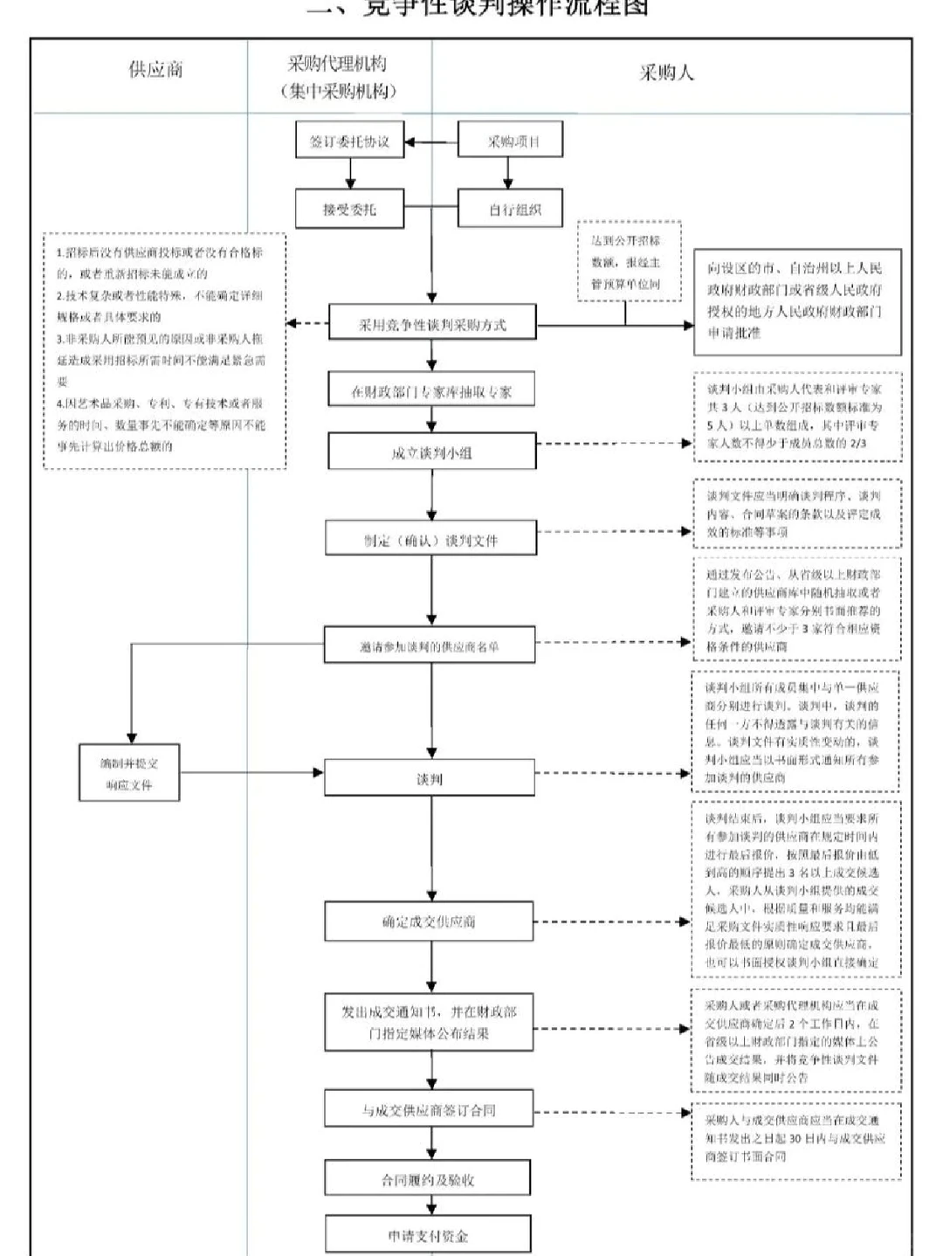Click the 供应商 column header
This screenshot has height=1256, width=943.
156,71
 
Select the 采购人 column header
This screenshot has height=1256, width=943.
666,73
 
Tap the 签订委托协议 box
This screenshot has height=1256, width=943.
349,141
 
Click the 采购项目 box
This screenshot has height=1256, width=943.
512,141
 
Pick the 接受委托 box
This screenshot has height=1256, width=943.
349,210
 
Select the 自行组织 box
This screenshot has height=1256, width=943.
511,210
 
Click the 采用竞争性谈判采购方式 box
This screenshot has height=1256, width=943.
432,324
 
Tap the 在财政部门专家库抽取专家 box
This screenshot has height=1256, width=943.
431,392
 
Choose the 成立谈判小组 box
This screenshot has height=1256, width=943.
431,452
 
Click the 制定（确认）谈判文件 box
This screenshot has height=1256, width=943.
431,540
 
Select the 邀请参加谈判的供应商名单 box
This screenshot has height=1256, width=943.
429,646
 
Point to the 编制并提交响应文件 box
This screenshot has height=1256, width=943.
129,773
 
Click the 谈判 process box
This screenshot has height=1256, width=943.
429,778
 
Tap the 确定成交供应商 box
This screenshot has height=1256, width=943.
429,921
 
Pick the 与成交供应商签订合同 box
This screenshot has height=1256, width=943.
429,1110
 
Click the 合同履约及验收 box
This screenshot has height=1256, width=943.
428,1179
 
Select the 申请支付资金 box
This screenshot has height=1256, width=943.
428,1235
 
